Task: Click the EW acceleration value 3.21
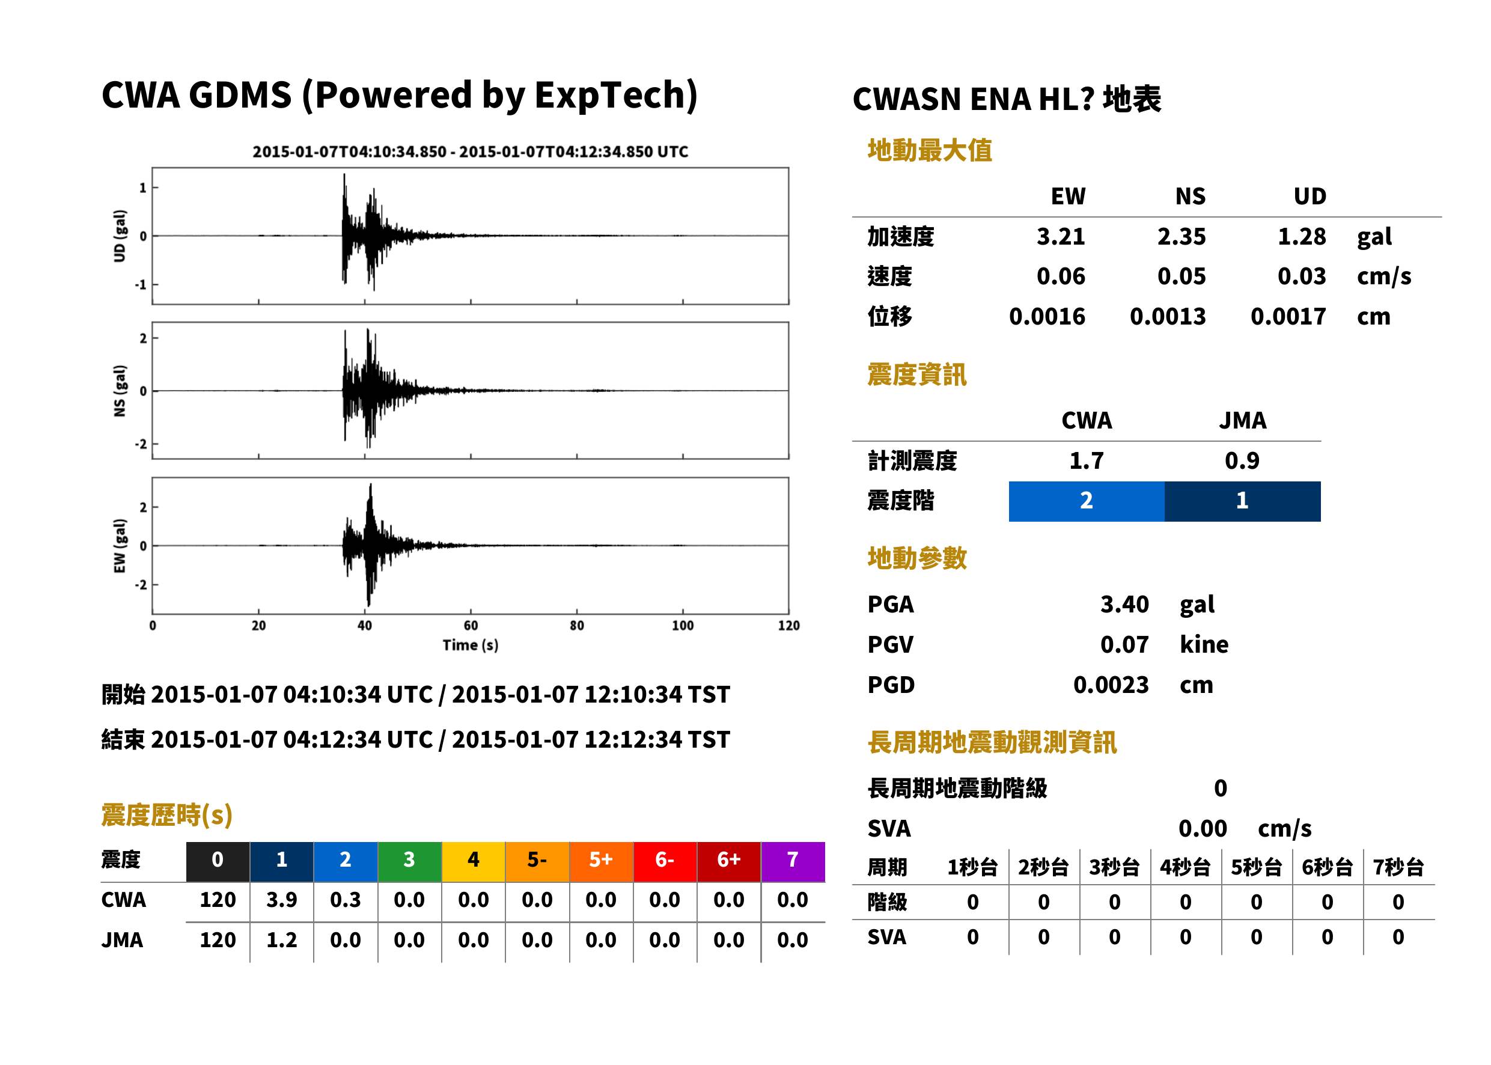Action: click(x=1060, y=237)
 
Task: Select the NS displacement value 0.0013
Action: click(x=1167, y=317)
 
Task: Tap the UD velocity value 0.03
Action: click(x=1302, y=276)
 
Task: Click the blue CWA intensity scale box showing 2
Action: click(x=1087, y=501)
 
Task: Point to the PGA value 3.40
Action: click(x=1124, y=605)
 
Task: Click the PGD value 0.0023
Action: click(x=1111, y=685)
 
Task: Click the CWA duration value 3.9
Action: click(x=281, y=900)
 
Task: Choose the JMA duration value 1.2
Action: click(x=281, y=941)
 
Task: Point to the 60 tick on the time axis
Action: click(x=471, y=626)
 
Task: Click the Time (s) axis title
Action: click(x=470, y=645)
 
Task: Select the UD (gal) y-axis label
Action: click(x=120, y=236)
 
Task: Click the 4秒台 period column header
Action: click(x=1185, y=868)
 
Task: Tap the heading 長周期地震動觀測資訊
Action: click(x=992, y=742)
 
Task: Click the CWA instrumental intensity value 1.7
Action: click(x=1087, y=461)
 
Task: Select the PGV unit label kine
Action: click(x=1204, y=645)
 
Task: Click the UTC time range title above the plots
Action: click(x=470, y=152)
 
